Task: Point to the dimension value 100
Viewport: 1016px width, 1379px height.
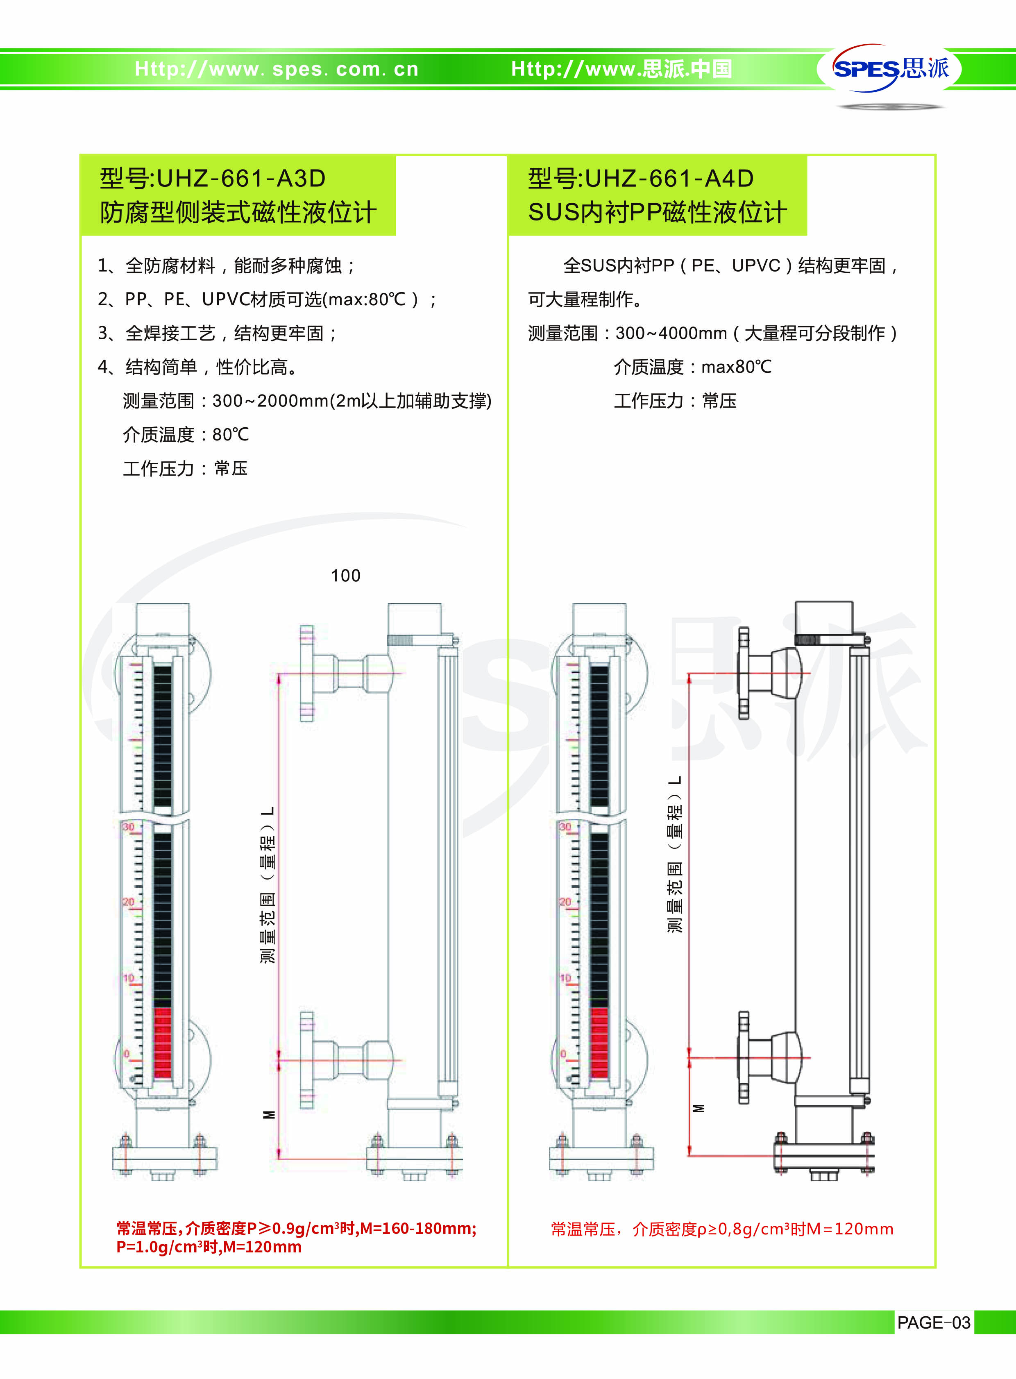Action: [346, 576]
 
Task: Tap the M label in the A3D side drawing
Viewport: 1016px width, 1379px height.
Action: [269, 1114]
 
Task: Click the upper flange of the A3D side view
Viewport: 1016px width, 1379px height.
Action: [307, 673]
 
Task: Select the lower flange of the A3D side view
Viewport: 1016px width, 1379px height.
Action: [307, 1059]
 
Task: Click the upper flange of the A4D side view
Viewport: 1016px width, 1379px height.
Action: [744, 672]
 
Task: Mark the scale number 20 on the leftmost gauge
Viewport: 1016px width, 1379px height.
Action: [128, 902]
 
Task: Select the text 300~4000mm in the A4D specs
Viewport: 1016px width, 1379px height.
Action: [671, 333]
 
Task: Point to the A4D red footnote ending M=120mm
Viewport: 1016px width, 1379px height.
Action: [722, 1229]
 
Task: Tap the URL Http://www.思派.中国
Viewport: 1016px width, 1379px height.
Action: [622, 69]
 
